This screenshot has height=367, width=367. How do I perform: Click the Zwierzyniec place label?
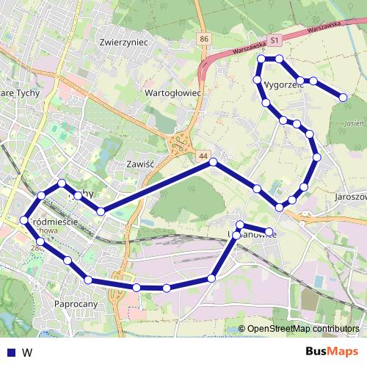tap(123, 43)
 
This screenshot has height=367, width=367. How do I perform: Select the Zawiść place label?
tap(138, 164)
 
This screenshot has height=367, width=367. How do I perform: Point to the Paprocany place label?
tap(76, 302)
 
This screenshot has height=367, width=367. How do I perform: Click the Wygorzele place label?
tap(282, 84)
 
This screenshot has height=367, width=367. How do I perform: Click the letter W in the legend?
tap(26, 352)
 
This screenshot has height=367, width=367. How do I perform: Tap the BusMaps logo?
tap(331, 352)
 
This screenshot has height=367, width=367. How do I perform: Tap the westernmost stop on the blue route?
tap(24, 220)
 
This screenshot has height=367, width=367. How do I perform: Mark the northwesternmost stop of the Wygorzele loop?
tap(261, 59)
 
